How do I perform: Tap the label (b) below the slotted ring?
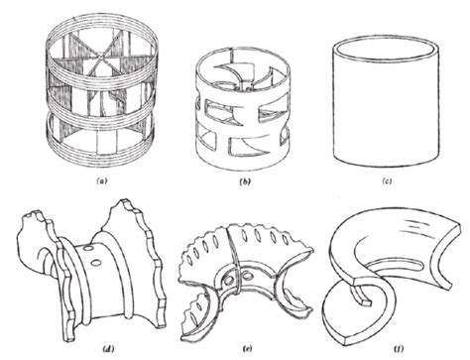242,183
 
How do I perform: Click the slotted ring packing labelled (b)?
243,109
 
